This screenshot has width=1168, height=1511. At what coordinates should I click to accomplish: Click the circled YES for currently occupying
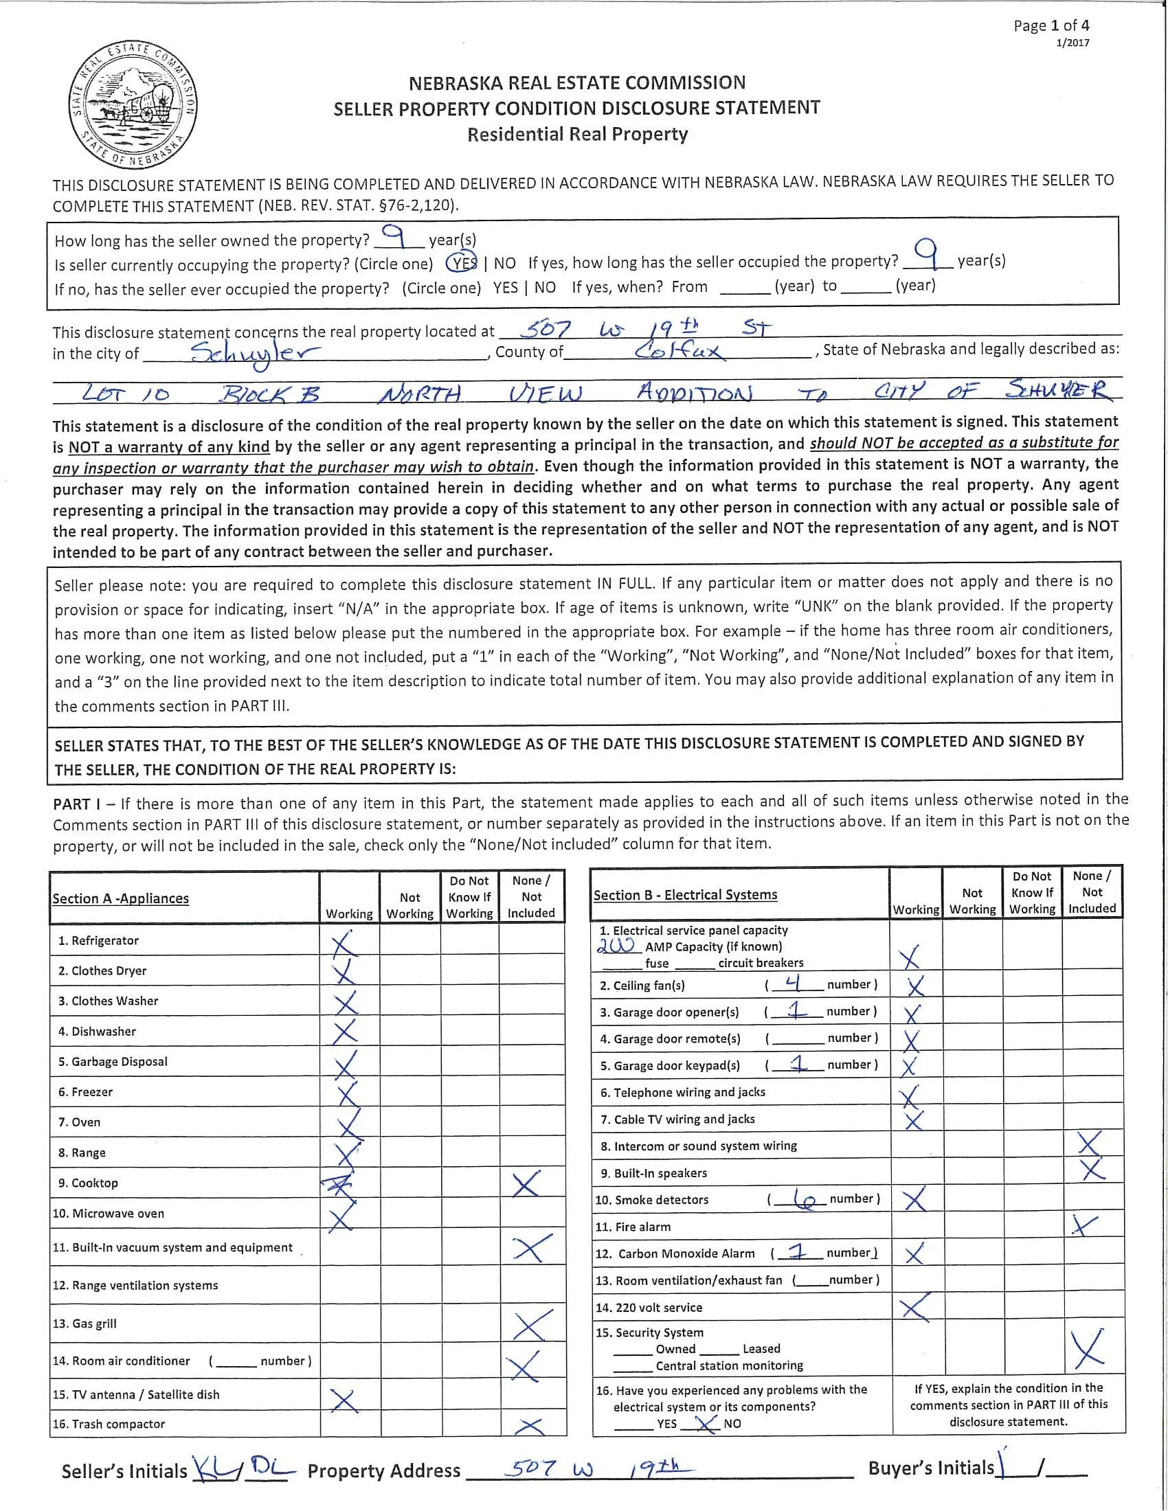(462, 264)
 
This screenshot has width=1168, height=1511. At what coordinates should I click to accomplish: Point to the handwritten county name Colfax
(679, 352)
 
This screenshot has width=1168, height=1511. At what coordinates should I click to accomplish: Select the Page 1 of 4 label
(1051, 26)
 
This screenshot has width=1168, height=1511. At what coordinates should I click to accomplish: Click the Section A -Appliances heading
(120, 899)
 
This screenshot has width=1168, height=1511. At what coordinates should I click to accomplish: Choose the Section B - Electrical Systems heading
(685, 895)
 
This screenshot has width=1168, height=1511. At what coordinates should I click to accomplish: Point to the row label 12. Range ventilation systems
(135, 1286)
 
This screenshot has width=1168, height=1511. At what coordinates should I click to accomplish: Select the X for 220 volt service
(914, 1307)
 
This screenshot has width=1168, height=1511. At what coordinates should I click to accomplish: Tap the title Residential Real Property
(577, 134)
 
